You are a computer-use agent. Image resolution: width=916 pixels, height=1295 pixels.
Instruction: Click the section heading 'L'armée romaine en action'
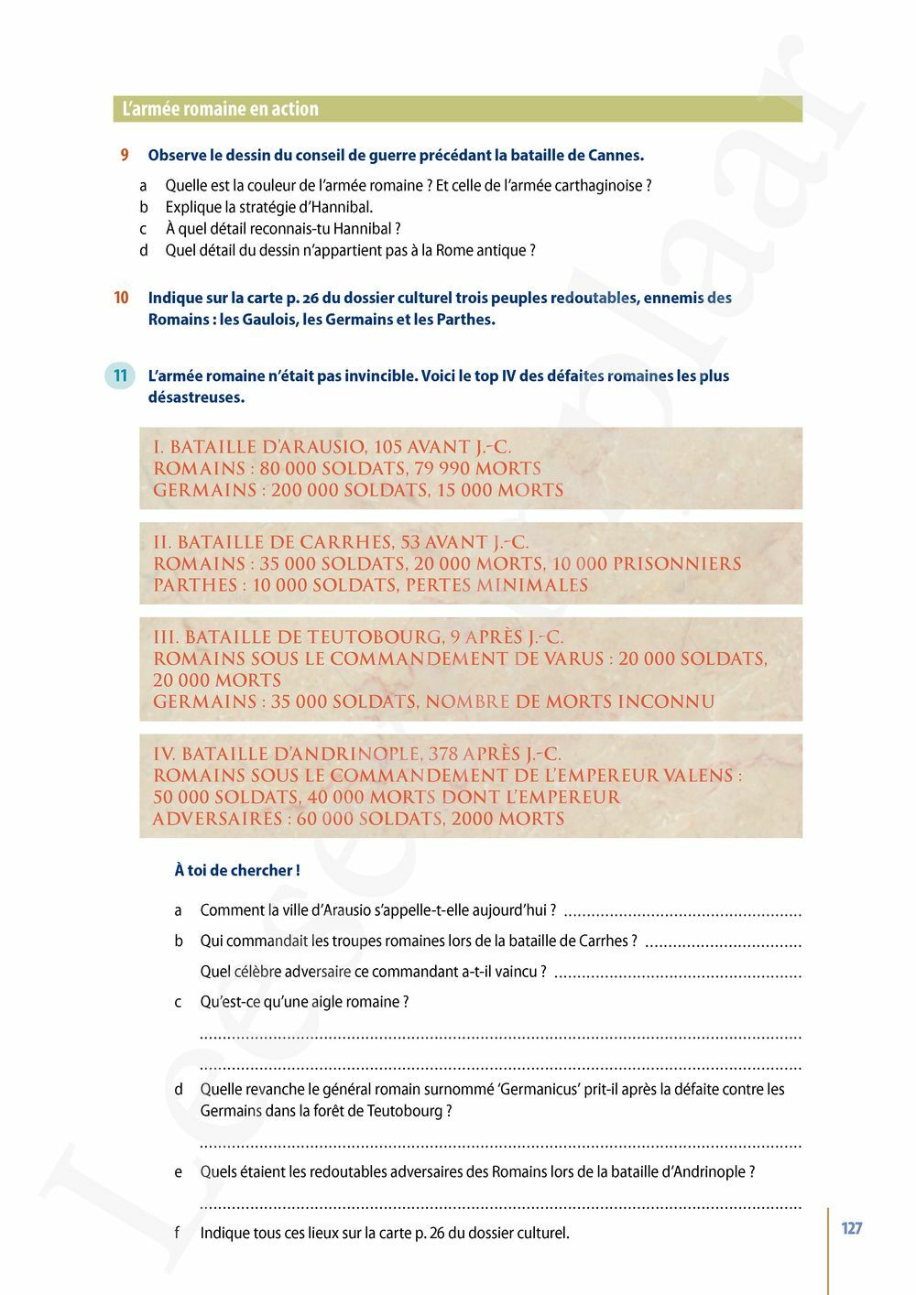point(221,109)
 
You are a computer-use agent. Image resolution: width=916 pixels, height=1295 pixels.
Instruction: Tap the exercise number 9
point(125,156)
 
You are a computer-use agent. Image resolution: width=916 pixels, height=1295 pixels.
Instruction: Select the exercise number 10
point(121,298)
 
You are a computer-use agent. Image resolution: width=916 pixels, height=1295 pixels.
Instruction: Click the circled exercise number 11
point(121,375)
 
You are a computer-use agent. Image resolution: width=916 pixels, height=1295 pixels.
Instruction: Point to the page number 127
point(852,1228)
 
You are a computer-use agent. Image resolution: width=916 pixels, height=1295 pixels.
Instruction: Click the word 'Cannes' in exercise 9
point(614,156)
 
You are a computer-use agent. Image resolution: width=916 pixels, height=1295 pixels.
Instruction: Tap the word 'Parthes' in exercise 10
point(465,320)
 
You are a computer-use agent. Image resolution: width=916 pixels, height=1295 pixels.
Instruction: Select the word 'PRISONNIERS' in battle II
point(677,564)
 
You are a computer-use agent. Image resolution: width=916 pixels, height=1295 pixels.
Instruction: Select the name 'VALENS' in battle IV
point(698,776)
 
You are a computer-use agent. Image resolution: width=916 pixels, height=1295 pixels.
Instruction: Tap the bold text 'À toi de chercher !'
point(237,870)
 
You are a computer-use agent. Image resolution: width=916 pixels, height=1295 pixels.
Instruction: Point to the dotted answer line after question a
point(682,913)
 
